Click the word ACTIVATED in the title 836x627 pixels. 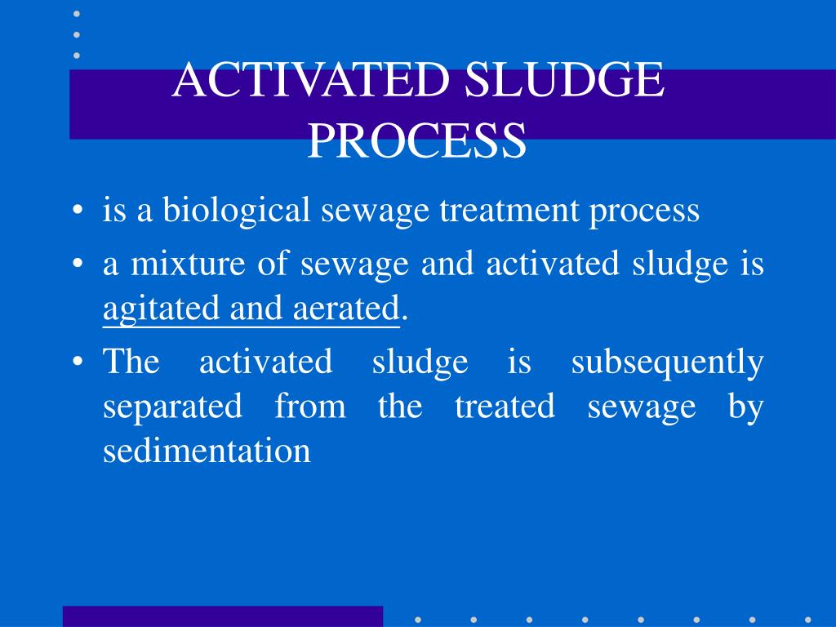(313, 82)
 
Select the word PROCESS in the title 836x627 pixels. (417, 140)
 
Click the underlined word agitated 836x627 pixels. (162, 310)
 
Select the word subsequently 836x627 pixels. (667, 362)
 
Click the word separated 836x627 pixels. (172, 406)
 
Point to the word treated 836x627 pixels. (504, 406)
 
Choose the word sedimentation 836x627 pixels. (207, 450)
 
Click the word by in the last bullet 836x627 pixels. (745, 406)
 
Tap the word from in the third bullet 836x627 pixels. (310, 406)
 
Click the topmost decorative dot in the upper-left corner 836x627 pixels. (77, 13)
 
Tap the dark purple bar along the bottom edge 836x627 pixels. (222, 616)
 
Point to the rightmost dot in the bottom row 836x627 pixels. (807, 619)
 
